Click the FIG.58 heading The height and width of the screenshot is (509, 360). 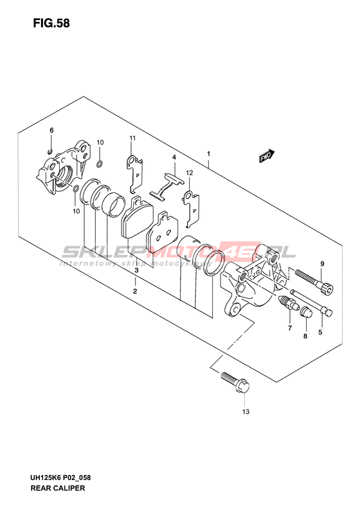click(x=51, y=23)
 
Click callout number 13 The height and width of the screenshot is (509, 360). click(x=246, y=412)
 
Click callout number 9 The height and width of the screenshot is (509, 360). click(x=322, y=264)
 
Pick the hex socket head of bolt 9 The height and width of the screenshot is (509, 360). click(x=326, y=288)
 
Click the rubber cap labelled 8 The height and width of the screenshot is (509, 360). click(x=306, y=312)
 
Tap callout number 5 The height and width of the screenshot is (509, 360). click(x=320, y=332)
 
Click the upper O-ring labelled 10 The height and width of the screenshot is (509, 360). click(x=100, y=163)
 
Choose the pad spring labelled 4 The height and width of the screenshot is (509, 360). click(x=167, y=185)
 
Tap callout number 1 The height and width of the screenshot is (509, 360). click(x=209, y=154)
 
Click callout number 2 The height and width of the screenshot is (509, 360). click(x=135, y=291)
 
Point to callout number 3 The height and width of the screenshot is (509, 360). click(x=136, y=270)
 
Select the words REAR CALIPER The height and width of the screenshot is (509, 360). click(x=58, y=488)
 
